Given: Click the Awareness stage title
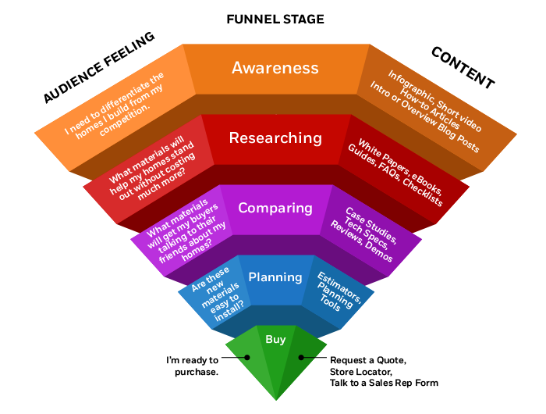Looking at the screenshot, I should pos(275,68).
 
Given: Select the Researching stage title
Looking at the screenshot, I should pos(275,138).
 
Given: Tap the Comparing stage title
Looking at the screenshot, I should pos(275,208).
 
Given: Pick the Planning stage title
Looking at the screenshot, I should pos(275,277).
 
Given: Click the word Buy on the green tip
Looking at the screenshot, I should pos(275,339).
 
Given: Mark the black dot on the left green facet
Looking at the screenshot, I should pos(247,357).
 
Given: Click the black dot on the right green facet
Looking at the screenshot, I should pos(300,357).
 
